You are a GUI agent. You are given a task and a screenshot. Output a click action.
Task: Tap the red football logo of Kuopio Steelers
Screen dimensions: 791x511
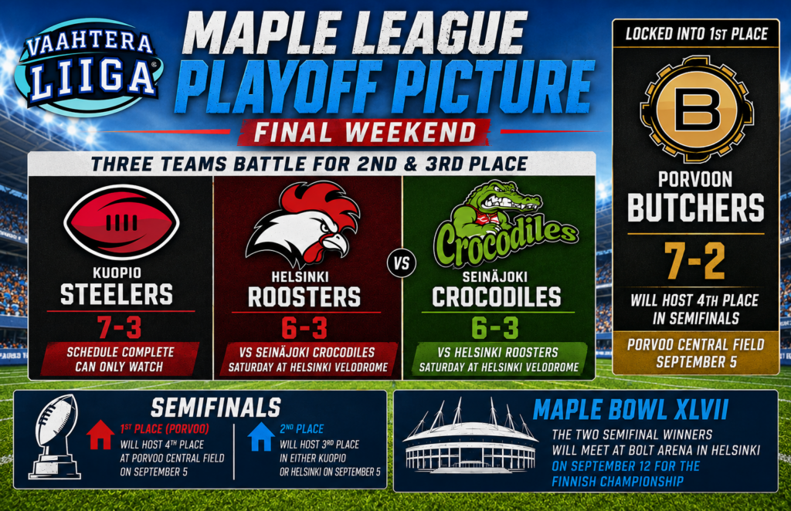(121, 222)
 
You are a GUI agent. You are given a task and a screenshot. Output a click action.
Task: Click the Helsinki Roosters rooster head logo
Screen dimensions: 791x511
(303, 224)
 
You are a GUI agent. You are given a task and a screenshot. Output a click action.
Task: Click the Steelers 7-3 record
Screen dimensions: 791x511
(120, 328)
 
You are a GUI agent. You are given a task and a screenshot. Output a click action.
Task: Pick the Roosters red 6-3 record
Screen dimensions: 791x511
(304, 328)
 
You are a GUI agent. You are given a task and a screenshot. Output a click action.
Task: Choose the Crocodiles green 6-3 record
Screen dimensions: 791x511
(495, 328)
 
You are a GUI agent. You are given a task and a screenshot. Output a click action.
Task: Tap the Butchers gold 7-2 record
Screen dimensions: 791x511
(696, 261)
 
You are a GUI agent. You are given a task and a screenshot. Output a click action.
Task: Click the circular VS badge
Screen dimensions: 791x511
(402, 263)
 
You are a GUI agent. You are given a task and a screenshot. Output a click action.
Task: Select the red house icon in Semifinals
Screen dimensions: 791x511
(100, 435)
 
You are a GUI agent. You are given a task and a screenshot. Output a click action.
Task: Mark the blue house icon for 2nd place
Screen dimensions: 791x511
(261, 436)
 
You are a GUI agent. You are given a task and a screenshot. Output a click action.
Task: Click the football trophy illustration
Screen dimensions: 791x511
(55, 436)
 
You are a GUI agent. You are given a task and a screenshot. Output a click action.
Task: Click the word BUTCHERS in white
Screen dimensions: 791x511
(696, 208)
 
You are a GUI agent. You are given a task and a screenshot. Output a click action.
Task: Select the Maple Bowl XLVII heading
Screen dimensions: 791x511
(630, 410)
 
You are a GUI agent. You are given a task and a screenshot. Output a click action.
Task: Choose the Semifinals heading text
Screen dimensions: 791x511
(216, 408)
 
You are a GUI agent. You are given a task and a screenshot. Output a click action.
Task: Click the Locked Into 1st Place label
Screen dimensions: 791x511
(696, 34)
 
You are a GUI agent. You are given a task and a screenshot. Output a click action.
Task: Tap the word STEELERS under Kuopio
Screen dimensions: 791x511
(117, 294)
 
